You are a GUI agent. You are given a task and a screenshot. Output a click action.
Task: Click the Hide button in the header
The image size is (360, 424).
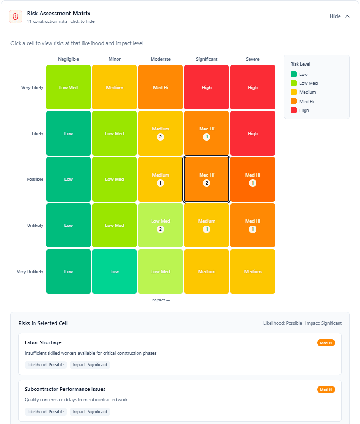(339, 16)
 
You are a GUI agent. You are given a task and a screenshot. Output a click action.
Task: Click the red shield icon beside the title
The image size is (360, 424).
(15, 16)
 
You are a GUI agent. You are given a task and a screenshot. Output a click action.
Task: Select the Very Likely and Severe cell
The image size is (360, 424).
(253, 87)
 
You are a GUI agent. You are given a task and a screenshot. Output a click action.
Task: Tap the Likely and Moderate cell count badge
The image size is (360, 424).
(160, 137)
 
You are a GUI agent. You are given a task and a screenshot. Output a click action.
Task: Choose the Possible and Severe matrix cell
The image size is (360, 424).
(253, 179)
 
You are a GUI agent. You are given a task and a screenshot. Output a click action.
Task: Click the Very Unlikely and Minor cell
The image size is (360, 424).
(114, 272)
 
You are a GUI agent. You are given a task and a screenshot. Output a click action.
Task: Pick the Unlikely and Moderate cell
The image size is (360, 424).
(160, 226)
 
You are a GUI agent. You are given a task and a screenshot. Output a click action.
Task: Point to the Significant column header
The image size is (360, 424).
(207, 59)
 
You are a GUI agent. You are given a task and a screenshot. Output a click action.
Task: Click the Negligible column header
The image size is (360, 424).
(69, 59)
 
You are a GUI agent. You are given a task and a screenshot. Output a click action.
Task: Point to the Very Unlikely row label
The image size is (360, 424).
(30, 272)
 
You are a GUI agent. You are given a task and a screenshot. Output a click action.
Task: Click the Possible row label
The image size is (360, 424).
(35, 179)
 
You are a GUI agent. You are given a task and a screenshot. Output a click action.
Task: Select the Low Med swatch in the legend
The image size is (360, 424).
(293, 83)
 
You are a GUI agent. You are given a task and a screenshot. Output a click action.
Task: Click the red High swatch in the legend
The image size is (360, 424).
(293, 110)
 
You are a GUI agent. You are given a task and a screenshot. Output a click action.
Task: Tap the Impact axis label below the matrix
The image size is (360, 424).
(160, 300)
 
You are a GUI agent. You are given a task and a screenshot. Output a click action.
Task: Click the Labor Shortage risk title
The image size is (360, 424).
(43, 342)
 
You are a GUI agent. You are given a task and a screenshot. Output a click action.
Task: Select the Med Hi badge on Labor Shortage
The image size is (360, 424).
(326, 343)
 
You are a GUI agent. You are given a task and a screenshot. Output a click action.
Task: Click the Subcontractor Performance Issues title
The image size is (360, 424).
(65, 389)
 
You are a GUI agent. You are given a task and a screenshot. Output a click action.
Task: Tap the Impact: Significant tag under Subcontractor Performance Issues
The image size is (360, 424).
(90, 411)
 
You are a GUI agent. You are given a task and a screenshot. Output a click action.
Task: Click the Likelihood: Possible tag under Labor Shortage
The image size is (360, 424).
(46, 365)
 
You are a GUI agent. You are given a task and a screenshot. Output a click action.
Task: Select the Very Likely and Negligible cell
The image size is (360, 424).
(69, 87)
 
